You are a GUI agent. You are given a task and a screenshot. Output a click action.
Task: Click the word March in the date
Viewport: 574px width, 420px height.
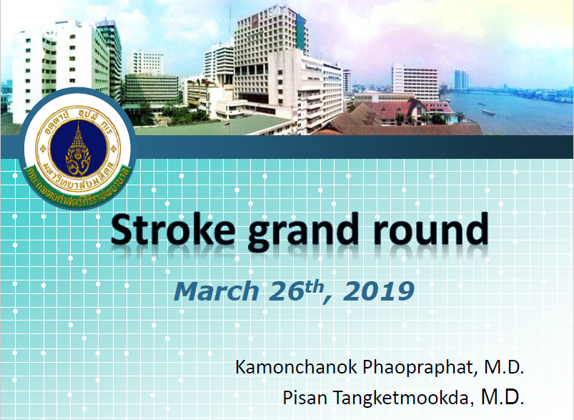217,291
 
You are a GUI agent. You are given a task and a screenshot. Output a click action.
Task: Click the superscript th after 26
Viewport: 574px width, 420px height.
315,287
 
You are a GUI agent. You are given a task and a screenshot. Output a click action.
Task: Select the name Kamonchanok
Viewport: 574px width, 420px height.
296,367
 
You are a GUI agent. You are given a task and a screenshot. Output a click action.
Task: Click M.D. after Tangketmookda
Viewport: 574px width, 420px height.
503,397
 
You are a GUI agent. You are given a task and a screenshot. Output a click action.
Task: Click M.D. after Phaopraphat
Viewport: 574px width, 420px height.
504,367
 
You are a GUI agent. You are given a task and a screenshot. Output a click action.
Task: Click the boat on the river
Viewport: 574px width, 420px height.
488,112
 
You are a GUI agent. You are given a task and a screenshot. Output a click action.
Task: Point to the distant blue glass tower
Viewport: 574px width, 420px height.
461,79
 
